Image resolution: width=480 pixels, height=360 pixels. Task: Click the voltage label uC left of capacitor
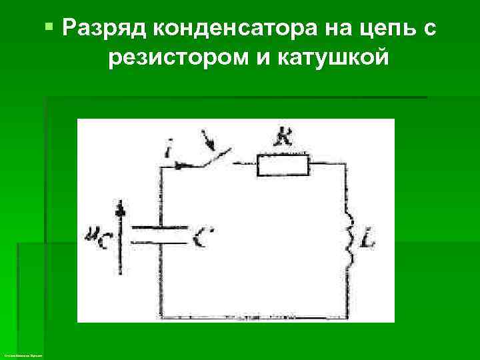tap(97, 235)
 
